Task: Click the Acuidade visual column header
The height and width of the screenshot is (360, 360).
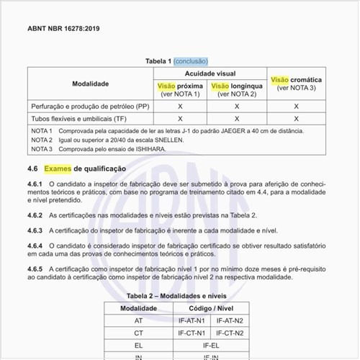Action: [210, 73]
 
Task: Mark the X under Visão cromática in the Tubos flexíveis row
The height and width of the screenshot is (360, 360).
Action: [296, 118]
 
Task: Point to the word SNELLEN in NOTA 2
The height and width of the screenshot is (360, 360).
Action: [172, 140]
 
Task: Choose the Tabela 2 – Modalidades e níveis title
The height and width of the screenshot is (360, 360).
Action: [179, 295]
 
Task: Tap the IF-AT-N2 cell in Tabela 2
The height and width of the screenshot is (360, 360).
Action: [229, 320]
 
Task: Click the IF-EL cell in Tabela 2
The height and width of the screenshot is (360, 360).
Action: [210, 346]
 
